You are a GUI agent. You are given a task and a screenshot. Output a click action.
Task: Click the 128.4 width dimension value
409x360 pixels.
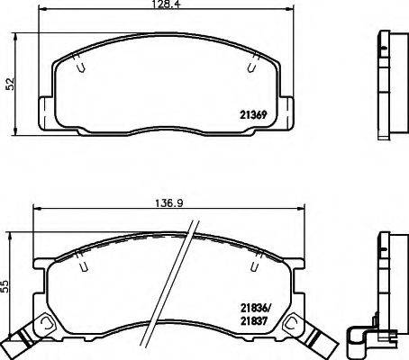168,5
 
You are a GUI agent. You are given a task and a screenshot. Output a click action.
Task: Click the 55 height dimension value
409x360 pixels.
8,288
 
